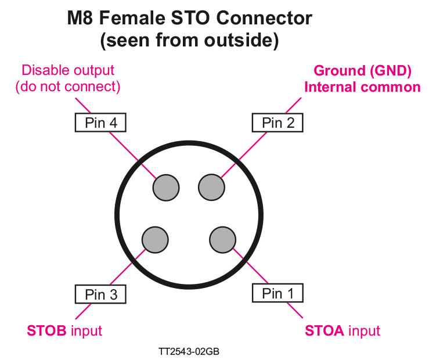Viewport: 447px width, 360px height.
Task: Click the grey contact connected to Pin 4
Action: [x=166, y=188]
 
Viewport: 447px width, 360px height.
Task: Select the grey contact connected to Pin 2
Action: [x=211, y=188]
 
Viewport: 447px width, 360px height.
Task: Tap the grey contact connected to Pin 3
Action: [x=155, y=240]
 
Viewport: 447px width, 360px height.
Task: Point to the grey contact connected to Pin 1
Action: [x=223, y=240]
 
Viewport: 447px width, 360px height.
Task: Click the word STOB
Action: [x=46, y=330]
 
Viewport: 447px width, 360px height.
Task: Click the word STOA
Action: [x=325, y=330]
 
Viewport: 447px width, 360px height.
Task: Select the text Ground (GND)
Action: [x=362, y=71]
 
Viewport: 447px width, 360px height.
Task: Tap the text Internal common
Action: [x=362, y=87]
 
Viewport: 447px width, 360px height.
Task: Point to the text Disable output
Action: [x=68, y=70]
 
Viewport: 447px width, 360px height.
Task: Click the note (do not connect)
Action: [x=68, y=87]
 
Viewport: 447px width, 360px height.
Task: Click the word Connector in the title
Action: [x=264, y=17]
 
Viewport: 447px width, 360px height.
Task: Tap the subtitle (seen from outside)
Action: [x=189, y=40]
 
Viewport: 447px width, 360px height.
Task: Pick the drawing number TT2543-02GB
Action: [x=189, y=351]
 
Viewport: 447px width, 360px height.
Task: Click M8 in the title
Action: [x=80, y=17]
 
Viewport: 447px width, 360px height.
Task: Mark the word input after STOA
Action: [x=365, y=331]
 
